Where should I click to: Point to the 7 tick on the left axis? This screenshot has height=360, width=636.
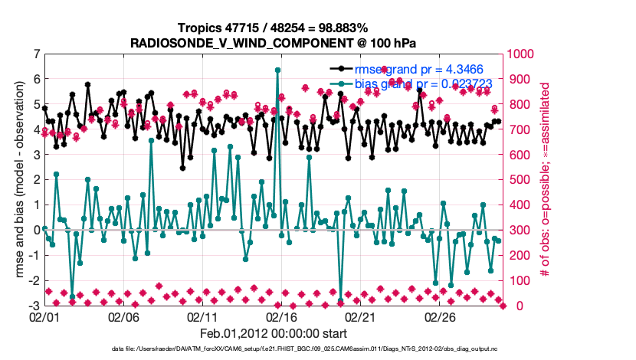36,54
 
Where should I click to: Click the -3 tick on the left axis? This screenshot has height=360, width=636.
34,306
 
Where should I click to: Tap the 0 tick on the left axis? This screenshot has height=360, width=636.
36,230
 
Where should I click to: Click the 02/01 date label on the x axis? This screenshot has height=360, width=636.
44,317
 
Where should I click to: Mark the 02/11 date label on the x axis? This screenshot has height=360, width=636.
202,317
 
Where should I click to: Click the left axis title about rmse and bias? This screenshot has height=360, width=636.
18,180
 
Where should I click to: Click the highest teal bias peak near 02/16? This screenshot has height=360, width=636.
277,70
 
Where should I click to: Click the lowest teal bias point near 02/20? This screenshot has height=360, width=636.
341,300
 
